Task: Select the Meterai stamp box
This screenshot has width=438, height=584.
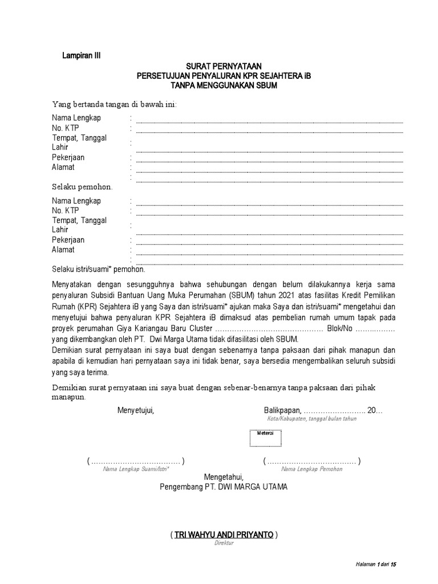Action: tap(265, 437)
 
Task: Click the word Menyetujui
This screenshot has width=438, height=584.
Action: tap(136, 410)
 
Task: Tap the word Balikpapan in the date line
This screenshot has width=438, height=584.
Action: tap(282, 410)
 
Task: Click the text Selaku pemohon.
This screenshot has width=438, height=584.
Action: tap(82, 186)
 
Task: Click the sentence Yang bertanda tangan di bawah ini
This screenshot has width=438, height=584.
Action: tap(114, 104)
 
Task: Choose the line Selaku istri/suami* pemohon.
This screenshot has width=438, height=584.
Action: tap(98, 269)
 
